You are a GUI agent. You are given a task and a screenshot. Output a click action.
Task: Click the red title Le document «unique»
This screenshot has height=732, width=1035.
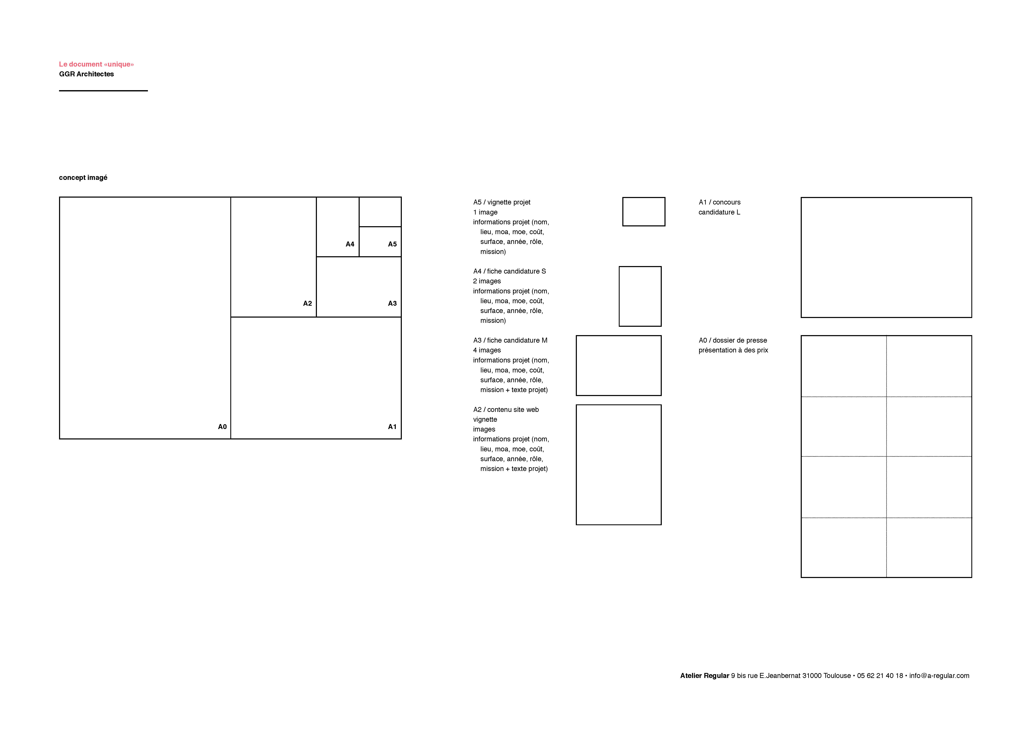pyautogui.click(x=96, y=64)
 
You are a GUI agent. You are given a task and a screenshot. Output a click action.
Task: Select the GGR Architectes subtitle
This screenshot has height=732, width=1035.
pyautogui.click(x=87, y=74)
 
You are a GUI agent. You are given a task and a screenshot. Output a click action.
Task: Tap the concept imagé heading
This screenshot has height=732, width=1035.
pyautogui.click(x=83, y=178)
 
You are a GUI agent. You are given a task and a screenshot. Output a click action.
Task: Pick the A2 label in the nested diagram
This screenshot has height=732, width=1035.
pyautogui.click(x=308, y=303)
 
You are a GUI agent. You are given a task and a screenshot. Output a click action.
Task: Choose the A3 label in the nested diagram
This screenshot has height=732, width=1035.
pyautogui.click(x=392, y=303)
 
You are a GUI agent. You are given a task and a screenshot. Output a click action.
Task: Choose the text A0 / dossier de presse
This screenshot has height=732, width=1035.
pyautogui.click(x=732, y=340)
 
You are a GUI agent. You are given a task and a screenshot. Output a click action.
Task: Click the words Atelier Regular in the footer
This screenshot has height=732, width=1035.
pyautogui.click(x=705, y=676)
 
